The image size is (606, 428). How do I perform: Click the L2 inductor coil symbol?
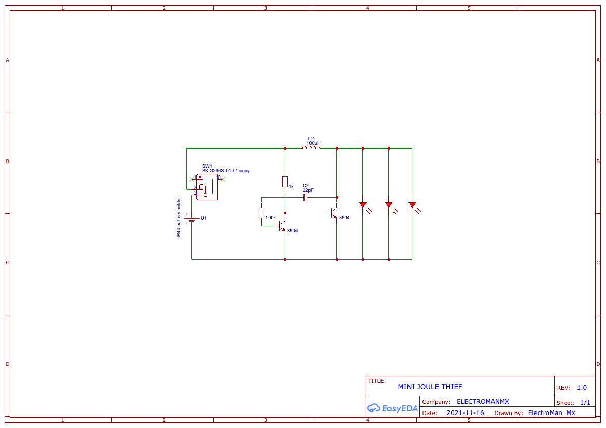311,147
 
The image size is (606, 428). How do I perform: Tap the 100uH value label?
313,143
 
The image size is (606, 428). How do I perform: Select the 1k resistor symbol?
285,182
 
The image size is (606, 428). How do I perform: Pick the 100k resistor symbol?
261,213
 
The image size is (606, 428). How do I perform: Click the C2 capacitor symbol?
305,197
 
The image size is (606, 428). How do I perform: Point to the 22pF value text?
308,190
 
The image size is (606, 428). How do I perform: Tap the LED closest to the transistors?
363,205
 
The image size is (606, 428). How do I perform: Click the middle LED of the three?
389,205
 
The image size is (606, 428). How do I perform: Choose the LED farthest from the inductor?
412,205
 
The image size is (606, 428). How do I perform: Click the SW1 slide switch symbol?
207,187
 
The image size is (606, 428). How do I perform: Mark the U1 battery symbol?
192,218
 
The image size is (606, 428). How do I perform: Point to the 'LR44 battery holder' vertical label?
179,218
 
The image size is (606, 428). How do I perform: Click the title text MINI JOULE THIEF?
430,387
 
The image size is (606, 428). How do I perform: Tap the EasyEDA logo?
392,408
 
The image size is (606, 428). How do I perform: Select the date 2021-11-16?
465,413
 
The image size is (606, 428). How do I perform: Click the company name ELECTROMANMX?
483,402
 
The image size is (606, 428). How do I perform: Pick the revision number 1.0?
582,388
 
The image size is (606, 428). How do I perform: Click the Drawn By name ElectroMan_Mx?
551,413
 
